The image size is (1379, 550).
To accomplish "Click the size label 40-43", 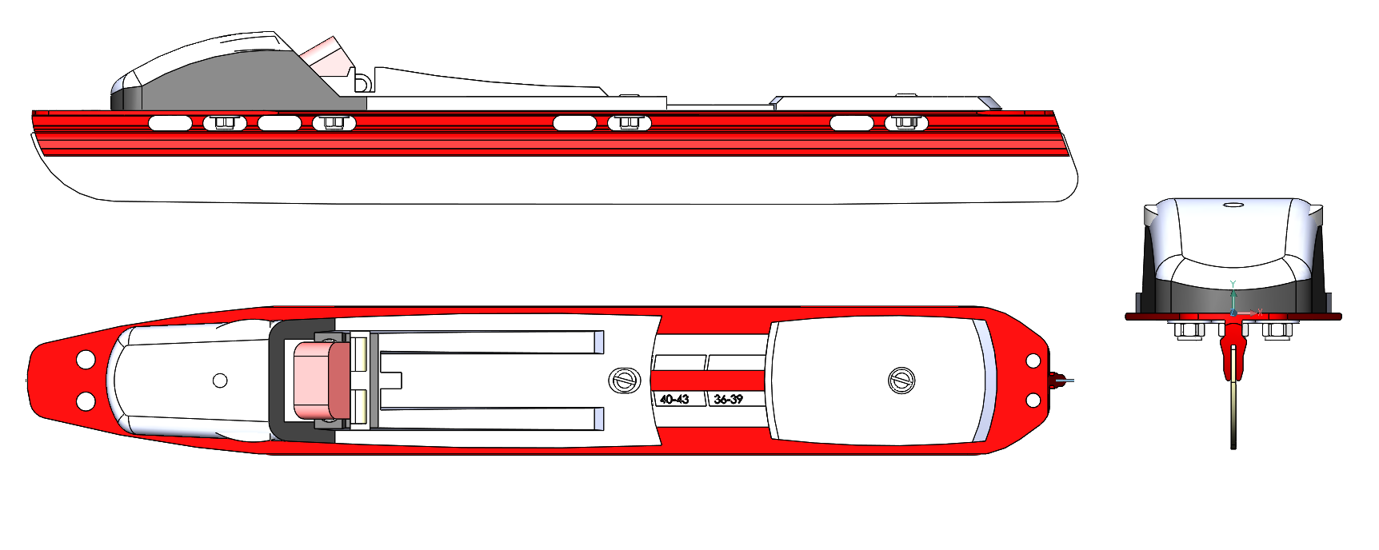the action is pyautogui.click(x=674, y=399).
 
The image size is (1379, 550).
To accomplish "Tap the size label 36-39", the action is pyautogui.click(x=728, y=399).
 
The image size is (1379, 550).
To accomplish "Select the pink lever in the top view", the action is pyautogui.click(x=322, y=381).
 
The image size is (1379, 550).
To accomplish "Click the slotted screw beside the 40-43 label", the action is pyautogui.click(x=624, y=380).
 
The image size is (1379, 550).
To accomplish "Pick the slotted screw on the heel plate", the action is pyautogui.click(x=901, y=381).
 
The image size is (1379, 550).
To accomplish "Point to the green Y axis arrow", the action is pyautogui.click(x=1233, y=291).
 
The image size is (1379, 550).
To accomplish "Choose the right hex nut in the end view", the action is pyautogui.click(x=1277, y=329).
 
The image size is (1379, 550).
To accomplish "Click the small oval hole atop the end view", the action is pyautogui.click(x=1234, y=205).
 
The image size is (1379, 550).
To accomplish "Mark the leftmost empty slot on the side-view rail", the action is pyautogui.click(x=170, y=123).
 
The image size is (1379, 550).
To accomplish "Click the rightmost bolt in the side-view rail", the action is pyautogui.click(x=905, y=122).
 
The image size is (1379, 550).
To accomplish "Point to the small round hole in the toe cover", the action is pyautogui.click(x=220, y=381).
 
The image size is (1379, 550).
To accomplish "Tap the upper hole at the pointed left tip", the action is pyautogui.click(x=86, y=361).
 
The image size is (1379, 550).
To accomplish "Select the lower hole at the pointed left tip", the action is pyautogui.click(x=86, y=401).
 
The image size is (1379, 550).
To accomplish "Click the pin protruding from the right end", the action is pyautogui.click(x=1061, y=380).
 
